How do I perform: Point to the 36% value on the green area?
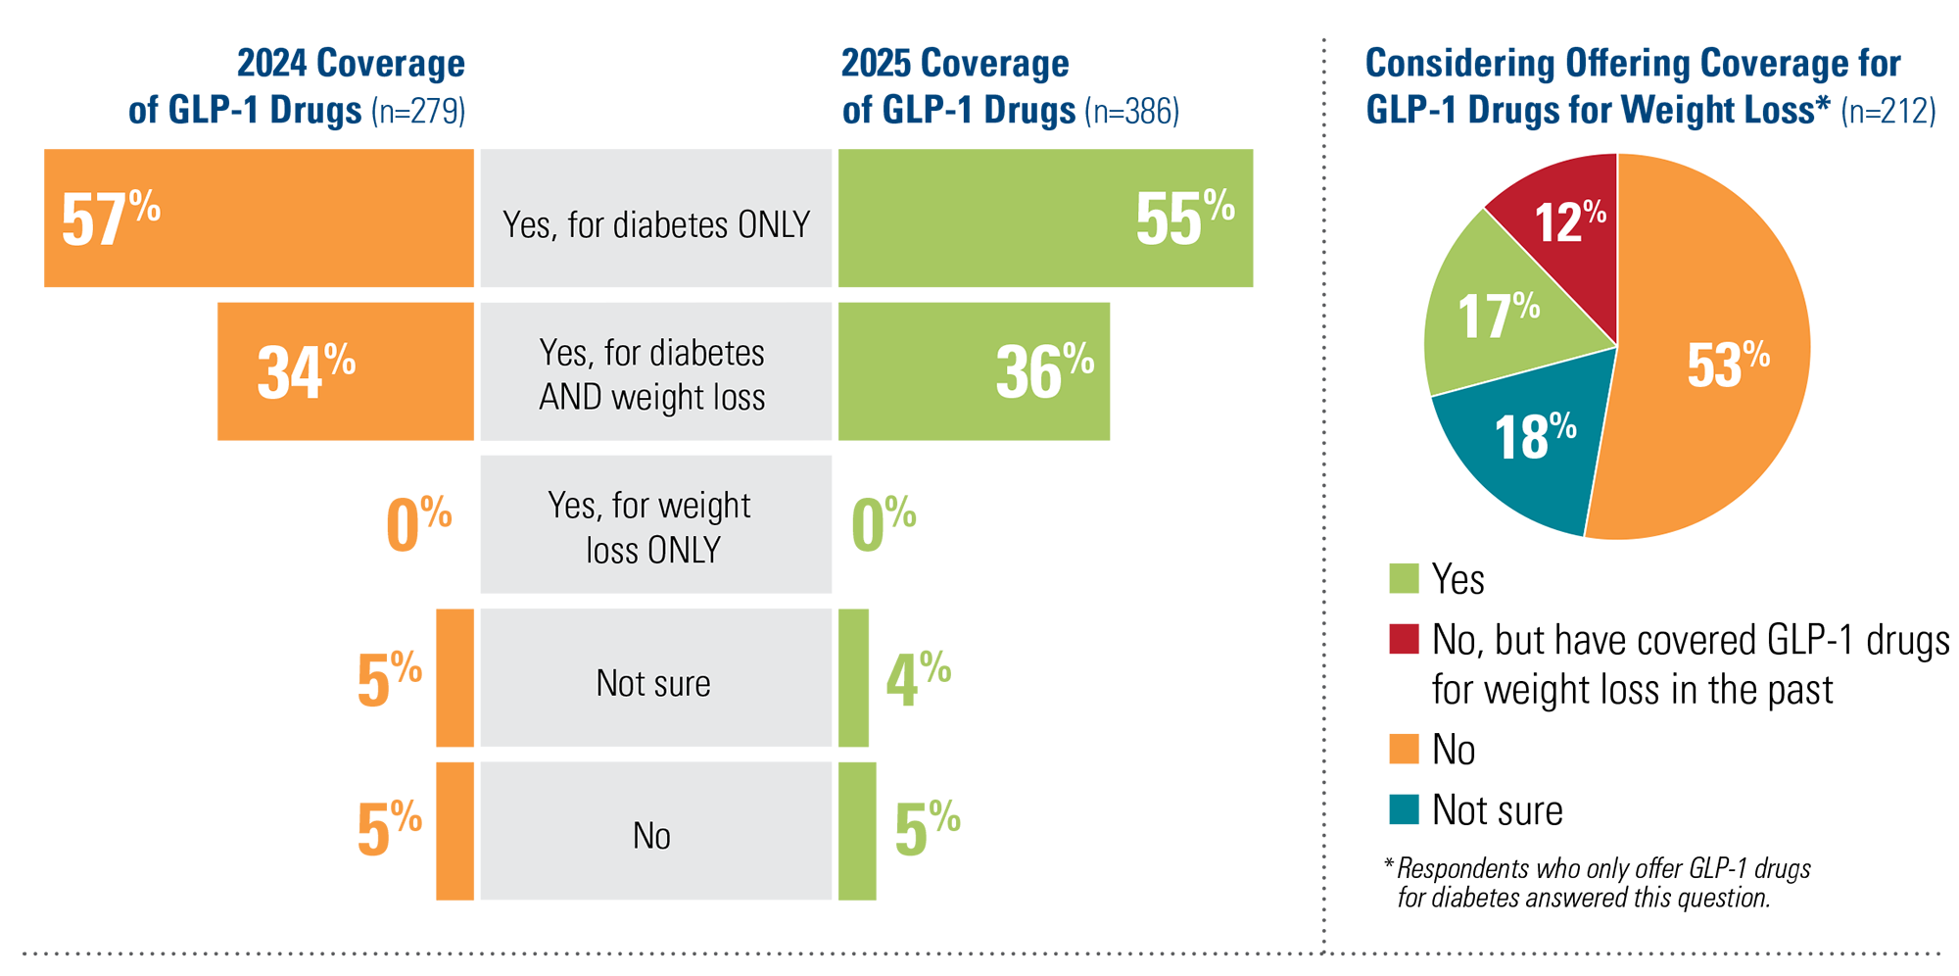click(1044, 371)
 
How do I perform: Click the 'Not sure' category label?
click(653, 684)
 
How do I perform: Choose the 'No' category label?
click(651, 836)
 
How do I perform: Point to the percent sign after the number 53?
click(1757, 354)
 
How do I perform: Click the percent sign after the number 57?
click(145, 207)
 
